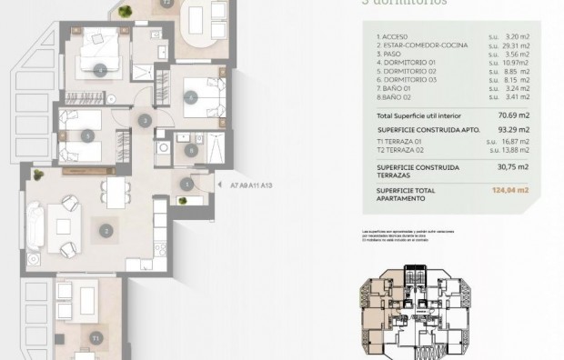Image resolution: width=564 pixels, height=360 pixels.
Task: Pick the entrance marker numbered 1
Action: click(186, 185)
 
